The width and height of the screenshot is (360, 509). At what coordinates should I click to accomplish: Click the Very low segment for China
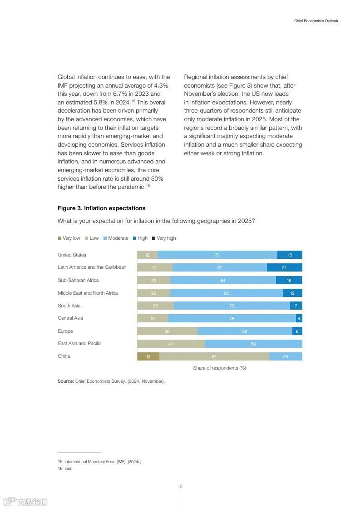(148, 356)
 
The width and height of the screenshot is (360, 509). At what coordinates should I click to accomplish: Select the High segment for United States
(290, 255)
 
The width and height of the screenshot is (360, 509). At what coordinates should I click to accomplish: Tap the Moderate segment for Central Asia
(232, 318)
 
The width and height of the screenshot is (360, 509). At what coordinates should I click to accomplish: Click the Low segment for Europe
(167, 331)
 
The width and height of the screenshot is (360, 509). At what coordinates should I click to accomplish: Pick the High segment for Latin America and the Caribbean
(284, 267)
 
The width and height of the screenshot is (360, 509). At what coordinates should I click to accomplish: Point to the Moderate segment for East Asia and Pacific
(253, 344)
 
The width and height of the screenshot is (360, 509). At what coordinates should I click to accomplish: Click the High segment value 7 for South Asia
(296, 306)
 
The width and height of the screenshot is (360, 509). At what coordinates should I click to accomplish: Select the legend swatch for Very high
(153, 238)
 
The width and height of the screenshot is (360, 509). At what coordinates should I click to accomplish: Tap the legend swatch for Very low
(59, 238)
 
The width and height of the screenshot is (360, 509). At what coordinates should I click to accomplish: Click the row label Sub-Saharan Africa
(78, 280)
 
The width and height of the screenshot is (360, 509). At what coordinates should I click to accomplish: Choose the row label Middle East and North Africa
(88, 293)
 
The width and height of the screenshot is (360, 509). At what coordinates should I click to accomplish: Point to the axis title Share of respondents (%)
(219, 368)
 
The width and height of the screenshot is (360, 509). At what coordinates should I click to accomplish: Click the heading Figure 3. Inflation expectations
(101, 208)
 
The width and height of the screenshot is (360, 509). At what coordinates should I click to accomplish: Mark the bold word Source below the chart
(65, 381)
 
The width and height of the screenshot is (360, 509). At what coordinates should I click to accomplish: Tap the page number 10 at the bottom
(180, 486)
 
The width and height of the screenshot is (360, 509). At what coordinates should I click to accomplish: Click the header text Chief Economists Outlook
(316, 21)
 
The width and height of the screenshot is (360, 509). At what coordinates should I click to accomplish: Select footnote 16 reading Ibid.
(65, 469)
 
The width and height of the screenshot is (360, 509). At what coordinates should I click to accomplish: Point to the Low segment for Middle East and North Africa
(153, 293)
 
